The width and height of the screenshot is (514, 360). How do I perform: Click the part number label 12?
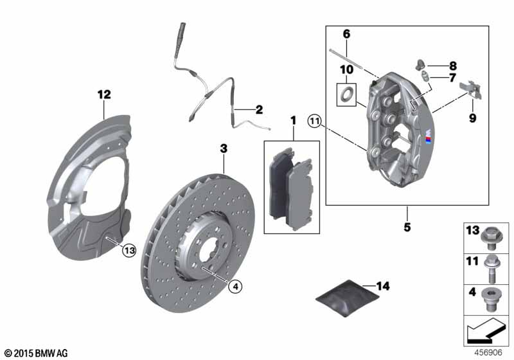pyautogui.click(x=104, y=94)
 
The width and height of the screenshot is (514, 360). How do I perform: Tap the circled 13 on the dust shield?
pyautogui.click(x=130, y=251)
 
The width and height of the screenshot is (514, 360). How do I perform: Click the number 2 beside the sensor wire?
pyautogui.click(x=260, y=110)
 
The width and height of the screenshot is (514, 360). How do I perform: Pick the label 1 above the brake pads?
pyautogui.click(x=293, y=120)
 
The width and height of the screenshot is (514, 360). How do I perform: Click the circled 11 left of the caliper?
pyautogui.click(x=314, y=120)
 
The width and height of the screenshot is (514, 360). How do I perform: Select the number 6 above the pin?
pyautogui.click(x=346, y=33)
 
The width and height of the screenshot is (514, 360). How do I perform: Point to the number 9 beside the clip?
pyautogui.click(x=472, y=119)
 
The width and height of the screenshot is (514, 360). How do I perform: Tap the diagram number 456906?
pyautogui.click(x=490, y=352)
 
